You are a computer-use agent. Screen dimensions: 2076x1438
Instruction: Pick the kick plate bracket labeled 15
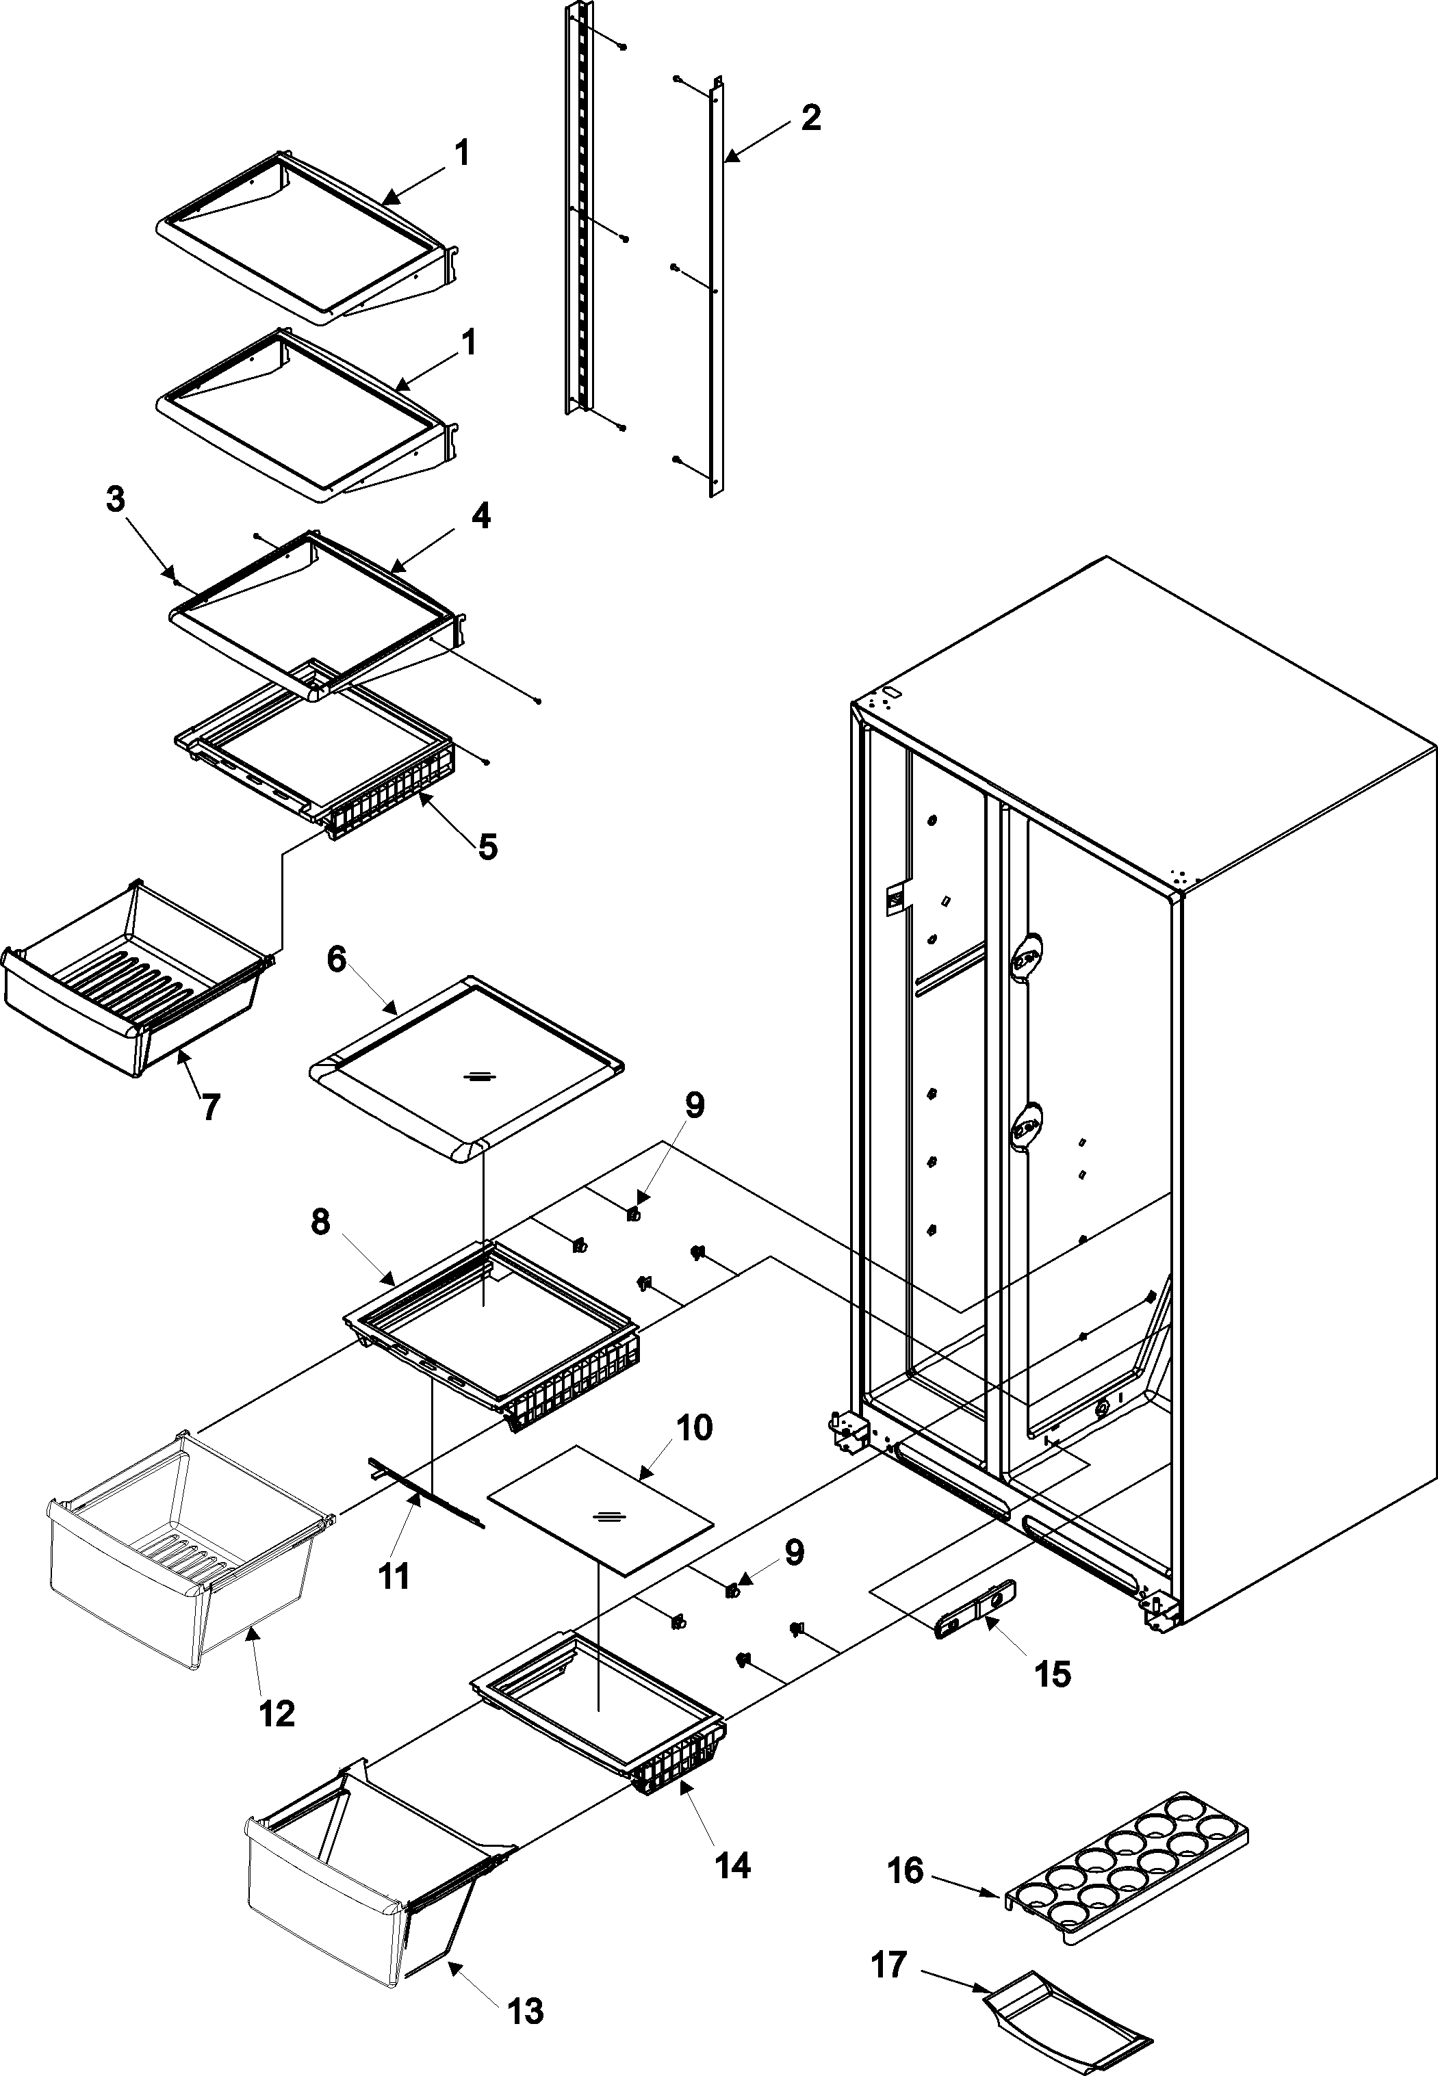(x=977, y=1603)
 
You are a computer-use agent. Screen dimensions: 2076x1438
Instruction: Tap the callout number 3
(x=116, y=500)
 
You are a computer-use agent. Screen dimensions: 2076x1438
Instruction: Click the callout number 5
(x=487, y=846)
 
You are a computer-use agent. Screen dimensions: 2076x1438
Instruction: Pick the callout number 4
(x=481, y=517)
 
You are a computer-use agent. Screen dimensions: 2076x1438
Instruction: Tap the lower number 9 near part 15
(x=793, y=1553)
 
